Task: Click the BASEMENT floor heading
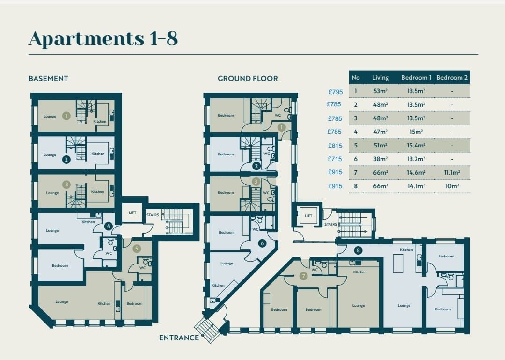pos(48,79)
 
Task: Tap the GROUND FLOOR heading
pos(248,79)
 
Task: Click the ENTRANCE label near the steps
pos(179,338)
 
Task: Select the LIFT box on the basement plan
pos(132,213)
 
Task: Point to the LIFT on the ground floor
pos(308,216)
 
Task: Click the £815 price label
pos(335,146)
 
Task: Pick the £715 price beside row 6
pos(335,159)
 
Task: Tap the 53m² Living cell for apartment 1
pos(381,91)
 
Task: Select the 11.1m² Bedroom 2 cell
pos(452,173)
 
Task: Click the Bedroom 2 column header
pos(452,78)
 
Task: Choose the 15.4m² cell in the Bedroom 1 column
pos(416,145)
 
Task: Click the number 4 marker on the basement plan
pos(109,227)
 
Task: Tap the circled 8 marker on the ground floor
pos(358,250)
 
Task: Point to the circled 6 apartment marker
pos(262,243)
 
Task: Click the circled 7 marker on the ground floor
pos(303,276)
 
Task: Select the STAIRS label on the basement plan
pos(153,215)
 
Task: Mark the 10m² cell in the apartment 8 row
pos(452,186)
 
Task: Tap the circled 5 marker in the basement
pos(137,248)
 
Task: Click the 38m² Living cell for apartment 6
pos(381,159)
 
